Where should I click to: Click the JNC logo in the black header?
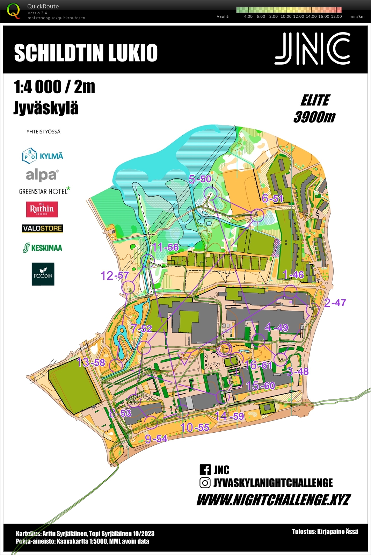tap(312, 49)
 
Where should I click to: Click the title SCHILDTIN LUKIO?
tap(86, 53)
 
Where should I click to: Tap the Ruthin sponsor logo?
tap(42, 209)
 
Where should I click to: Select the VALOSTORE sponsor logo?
tap(42, 229)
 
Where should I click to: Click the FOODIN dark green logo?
tap(43, 274)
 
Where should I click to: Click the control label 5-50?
tap(200, 179)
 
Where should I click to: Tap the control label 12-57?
tap(115, 276)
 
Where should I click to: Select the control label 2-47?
tap(335, 303)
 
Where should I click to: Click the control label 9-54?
tap(156, 439)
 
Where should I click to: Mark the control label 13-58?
tap(91, 362)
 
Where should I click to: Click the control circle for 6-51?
tap(257, 215)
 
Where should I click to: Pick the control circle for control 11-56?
tap(148, 260)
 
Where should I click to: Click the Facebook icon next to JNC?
tap(205, 469)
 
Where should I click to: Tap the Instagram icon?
tap(205, 483)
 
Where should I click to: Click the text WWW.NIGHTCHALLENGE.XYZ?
tap(273, 500)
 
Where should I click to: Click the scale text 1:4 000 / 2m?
tap(54, 87)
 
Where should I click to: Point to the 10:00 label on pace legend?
tap(286, 16)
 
